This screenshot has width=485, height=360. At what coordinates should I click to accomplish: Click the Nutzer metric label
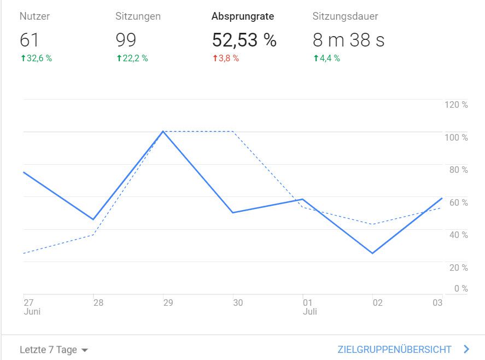pyautogui.click(x=34, y=16)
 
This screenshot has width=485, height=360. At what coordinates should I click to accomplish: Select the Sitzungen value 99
pyautogui.click(x=126, y=40)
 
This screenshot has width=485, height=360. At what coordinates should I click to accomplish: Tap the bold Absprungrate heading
pyautogui.click(x=243, y=16)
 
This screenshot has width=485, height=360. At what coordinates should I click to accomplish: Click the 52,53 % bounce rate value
pyautogui.click(x=244, y=40)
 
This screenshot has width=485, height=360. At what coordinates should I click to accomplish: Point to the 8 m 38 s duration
pyautogui.click(x=348, y=40)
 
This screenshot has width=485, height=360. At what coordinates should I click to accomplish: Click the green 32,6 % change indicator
pyautogui.click(x=36, y=59)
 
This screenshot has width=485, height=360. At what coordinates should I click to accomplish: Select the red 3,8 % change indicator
pyautogui.click(x=225, y=59)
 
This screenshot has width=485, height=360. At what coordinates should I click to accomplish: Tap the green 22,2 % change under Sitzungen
pyautogui.click(x=132, y=59)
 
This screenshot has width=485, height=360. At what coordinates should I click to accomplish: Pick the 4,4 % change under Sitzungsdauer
pyautogui.click(x=326, y=59)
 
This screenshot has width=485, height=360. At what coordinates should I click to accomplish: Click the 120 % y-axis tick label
pyautogui.click(x=456, y=104)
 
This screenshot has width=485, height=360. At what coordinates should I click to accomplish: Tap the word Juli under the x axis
pyautogui.click(x=310, y=312)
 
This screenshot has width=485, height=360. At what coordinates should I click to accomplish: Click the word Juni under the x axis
pyautogui.click(x=32, y=312)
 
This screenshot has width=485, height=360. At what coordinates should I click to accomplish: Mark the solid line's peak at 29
pyautogui.click(x=163, y=131)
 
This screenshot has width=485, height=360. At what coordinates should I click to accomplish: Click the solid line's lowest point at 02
pyautogui.click(x=373, y=253)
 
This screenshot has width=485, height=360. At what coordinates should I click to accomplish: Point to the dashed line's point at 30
pyautogui.click(x=233, y=131)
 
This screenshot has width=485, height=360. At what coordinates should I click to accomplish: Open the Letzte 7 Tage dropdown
pyautogui.click(x=54, y=350)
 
